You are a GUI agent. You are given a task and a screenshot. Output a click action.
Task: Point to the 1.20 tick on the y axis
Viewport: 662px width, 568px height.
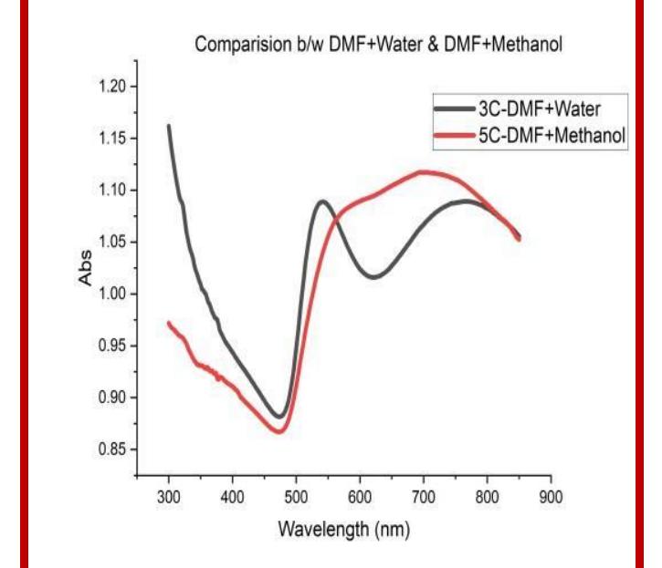pos(114,87)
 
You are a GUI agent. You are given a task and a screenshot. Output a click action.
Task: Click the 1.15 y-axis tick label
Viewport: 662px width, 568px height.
pos(114,139)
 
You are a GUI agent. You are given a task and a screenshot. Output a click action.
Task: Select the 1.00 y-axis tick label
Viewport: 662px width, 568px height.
pos(114,294)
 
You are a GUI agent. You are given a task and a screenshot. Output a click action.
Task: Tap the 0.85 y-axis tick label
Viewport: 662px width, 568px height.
pos(114,449)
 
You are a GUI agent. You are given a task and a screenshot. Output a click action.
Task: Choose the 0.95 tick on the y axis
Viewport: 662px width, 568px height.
pos(114,346)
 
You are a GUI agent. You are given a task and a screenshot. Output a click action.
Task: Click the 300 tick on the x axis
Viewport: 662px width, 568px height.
pos(169,495)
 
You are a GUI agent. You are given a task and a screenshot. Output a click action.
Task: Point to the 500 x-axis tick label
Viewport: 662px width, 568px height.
pos(296,495)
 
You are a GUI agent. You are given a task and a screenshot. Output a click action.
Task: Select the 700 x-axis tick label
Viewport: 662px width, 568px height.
pos(423,495)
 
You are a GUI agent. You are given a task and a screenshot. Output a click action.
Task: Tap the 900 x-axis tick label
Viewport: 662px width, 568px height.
pos(550,495)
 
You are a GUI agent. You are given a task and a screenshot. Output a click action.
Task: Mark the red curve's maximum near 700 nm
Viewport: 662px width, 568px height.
pos(423,171)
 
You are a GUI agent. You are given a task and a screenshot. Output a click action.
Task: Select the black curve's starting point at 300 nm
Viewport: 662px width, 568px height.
pos(169,126)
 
